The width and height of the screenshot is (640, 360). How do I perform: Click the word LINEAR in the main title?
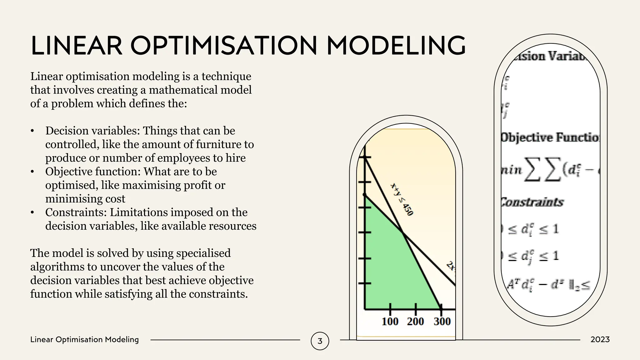coord(77,46)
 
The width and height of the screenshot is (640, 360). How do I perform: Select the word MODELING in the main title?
coord(396,46)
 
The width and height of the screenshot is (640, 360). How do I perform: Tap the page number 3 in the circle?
coord(320,341)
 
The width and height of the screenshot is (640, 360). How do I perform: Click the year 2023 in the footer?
coord(600,340)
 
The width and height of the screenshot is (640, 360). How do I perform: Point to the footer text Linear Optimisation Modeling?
coord(84,340)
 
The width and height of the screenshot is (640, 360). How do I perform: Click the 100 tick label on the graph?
coord(390,321)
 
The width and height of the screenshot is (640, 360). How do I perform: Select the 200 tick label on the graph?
coord(415,321)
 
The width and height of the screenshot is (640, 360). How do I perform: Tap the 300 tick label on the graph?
coord(442,321)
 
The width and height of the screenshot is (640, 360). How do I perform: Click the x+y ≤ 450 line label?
coord(402,199)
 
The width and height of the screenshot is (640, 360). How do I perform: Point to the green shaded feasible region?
coord(391,266)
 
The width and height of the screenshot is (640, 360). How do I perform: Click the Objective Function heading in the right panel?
coord(550,138)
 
